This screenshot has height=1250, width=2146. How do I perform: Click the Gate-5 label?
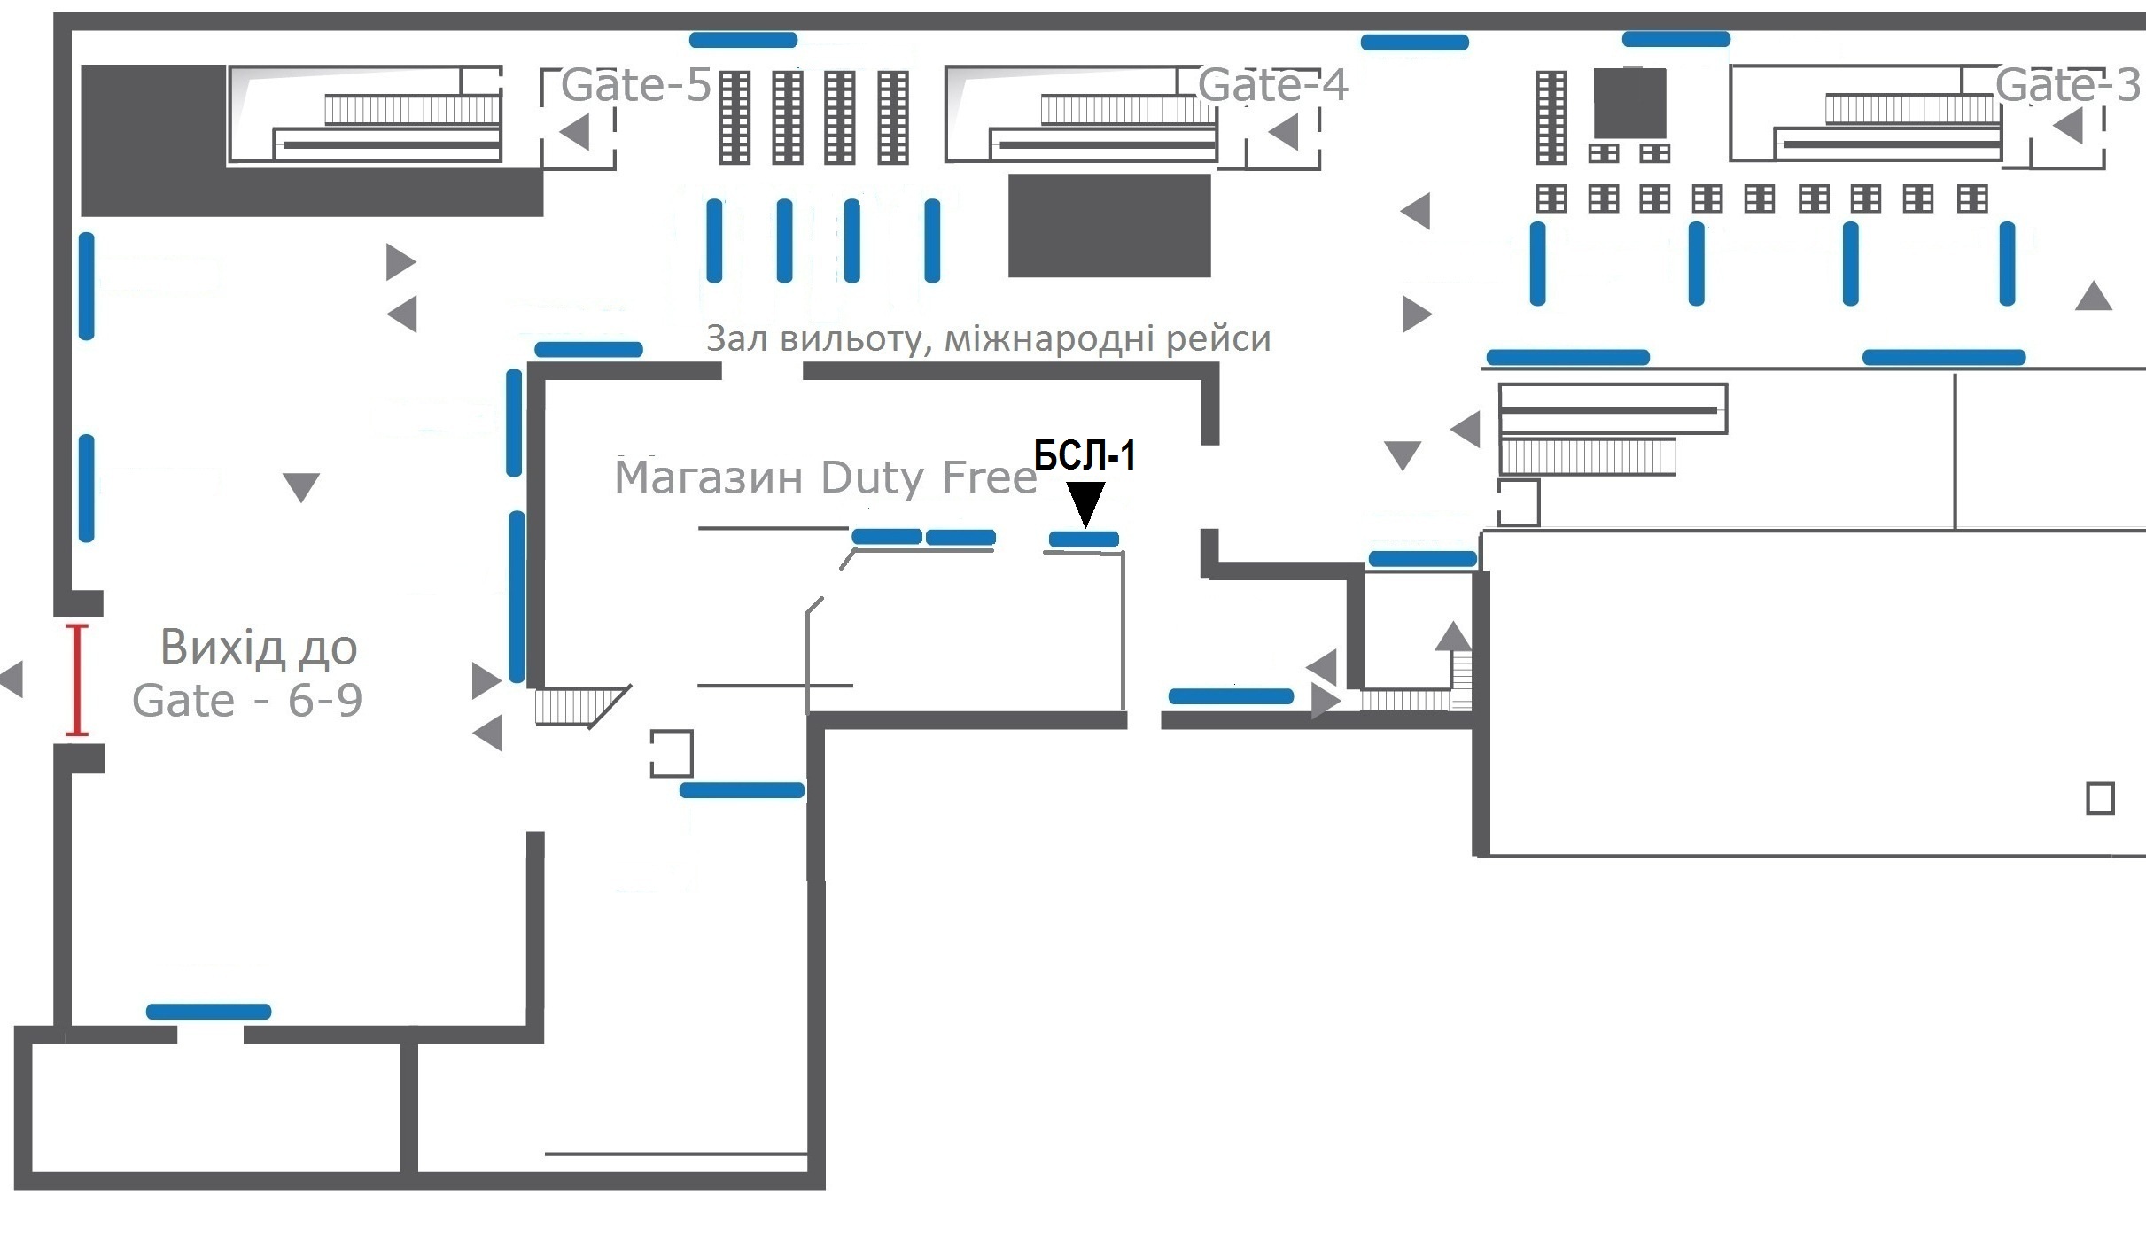[x=635, y=85]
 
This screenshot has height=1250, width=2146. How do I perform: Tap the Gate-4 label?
[x=1271, y=85]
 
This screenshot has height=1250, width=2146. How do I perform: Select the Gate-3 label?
[x=2066, y=85]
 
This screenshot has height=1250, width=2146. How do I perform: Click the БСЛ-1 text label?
[x=1085, y=455]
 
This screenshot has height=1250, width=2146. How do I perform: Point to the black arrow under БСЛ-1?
[x=1085, y=502]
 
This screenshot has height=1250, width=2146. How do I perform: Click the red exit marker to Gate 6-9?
[x=77, y=679]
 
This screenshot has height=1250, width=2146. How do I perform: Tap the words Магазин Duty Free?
[x=825, y=477]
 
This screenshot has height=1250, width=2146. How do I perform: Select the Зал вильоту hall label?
[x=988, y=338]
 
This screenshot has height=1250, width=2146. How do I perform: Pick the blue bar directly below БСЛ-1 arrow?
[x=1084, y=539]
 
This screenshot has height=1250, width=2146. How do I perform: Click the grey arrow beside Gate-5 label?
[x=575, y=133]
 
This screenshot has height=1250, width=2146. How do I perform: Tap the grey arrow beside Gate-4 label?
[x=1284, y=133]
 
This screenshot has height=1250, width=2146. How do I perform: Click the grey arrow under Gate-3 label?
[x=2068, y=126]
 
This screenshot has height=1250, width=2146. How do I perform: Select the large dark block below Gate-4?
[x=1109, y=225]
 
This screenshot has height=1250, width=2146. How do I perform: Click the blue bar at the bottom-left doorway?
[x=208, y=1012]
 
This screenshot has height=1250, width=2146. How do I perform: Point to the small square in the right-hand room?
[x=2100, y=798]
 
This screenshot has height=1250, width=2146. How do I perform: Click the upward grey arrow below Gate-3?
[x=2094, y=297]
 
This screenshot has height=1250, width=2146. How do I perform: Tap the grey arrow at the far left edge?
[x=12, y=679]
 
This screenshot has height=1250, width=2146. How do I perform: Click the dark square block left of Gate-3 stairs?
[x=1629, y=104]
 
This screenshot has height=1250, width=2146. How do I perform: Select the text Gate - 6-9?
[x=247, y=701]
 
